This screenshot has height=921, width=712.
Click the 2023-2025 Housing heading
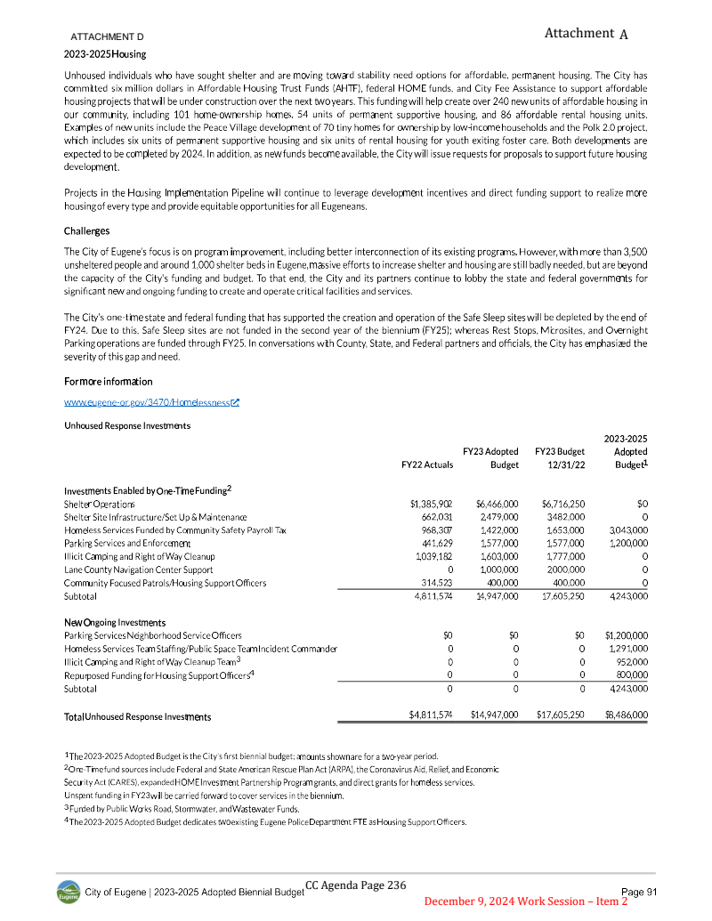tap(104, 54)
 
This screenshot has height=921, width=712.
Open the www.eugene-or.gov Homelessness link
tap(152, 403)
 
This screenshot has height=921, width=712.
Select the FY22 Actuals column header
tap(427, 465)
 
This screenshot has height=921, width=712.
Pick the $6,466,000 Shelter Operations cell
tap(498, 504)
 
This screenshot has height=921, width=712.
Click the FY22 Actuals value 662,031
tap(435, 517)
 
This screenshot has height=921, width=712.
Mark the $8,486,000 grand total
tap(626, 715)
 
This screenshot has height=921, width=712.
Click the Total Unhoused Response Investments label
tap(137, 716)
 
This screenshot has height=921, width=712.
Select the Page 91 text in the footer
tap(638, 892)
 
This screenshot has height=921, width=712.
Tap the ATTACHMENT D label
tap(108, 36)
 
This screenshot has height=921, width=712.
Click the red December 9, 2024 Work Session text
tap(526, 902)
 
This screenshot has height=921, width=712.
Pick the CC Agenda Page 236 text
tap(355, 885)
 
